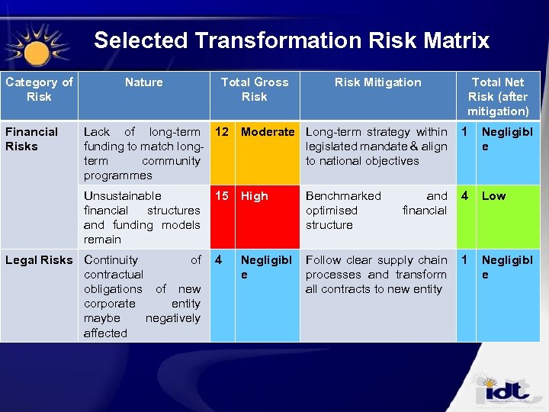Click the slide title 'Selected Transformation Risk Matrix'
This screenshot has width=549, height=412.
[x=291, y=40]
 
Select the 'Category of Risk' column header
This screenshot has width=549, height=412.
[x=39, y=89]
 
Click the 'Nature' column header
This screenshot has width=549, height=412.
[x=143, y=82]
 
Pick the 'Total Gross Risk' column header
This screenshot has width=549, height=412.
[x=254, y=89]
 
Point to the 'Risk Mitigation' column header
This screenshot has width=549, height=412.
[x=377, y=82]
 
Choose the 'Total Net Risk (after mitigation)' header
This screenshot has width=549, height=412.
[x=497, y=96]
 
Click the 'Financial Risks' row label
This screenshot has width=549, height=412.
[x=31, y=139]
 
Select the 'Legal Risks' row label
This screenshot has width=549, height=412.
[x=39, y=260]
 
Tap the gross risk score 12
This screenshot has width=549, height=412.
[x=222, y=132]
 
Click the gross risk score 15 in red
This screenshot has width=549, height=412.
[x=222, y=196]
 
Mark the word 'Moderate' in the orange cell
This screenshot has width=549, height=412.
[x=268, y=132]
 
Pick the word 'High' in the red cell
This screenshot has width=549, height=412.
[x=255, y=196]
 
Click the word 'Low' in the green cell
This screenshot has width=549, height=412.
[x=493, y=196]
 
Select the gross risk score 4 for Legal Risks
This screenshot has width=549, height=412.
[x=219, y=260]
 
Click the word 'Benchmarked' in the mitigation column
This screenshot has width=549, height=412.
[x=343, y=196]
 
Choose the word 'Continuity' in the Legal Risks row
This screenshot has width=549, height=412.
[x=111, y=260]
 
